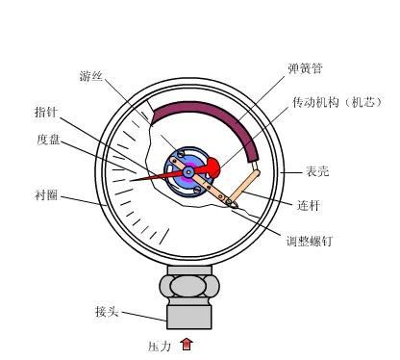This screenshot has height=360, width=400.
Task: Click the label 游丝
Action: pos(91,76)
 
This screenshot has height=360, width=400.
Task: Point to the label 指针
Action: pos(45,112)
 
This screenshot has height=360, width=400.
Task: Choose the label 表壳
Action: pos(317,171)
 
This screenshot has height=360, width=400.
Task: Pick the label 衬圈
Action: pos(45,194)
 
